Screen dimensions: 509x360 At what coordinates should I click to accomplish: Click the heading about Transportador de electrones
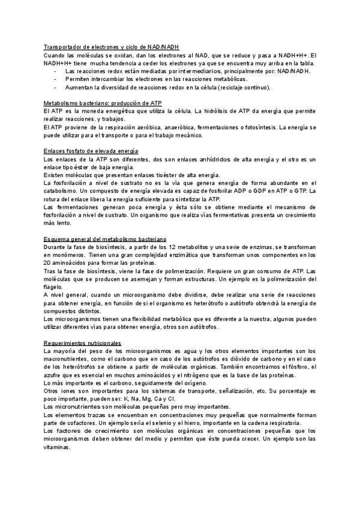(x=111, y=47)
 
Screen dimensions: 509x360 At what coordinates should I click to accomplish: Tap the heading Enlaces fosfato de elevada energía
(x=92, y=151)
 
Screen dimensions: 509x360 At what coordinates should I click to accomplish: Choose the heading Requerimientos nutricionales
(x=83, y=343)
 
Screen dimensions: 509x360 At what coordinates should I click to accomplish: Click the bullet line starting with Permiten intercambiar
(x=156, y=79)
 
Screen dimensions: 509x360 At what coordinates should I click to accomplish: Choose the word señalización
(x=234, y=390)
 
